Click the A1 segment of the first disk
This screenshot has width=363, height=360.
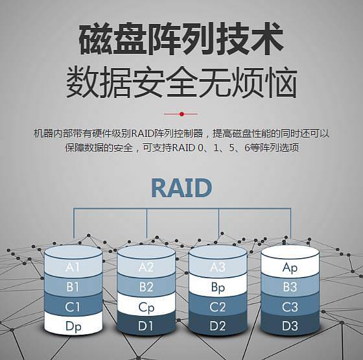click(x=73, y=267)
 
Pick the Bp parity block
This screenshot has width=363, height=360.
click(x=218, y=287)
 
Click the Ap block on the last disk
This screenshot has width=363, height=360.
click(x=290, y=267)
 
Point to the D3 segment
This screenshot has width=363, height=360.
click(x=290, y=326)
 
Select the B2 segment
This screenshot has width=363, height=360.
click(x=146, y=287)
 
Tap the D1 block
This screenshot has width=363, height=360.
click(x=146, y=326)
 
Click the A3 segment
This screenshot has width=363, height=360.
click(x=218, y=267)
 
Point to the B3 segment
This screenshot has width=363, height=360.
click(x=290, y=287)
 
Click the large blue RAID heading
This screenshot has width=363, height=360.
click(x=181, y=188)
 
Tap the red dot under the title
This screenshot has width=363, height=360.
click(x=181, y=114)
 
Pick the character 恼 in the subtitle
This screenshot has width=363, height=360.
click(x=281, y=82)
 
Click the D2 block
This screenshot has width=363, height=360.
click(x=218, y=326)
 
